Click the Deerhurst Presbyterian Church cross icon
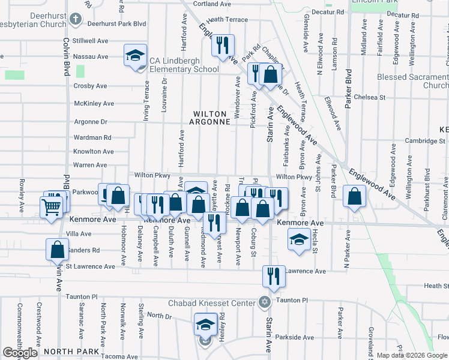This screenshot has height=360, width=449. [x=75, y=19]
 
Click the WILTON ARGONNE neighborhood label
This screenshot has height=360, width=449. [x=211, y=118]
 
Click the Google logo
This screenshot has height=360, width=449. [x=20, y=353]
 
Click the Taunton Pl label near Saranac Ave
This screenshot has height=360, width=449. [x=82, y=296]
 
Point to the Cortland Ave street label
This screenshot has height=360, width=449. [x=212, y=4]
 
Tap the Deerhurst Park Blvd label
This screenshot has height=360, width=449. [x=116, y=23]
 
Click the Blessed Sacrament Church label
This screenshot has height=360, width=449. [x=413, y=81]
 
